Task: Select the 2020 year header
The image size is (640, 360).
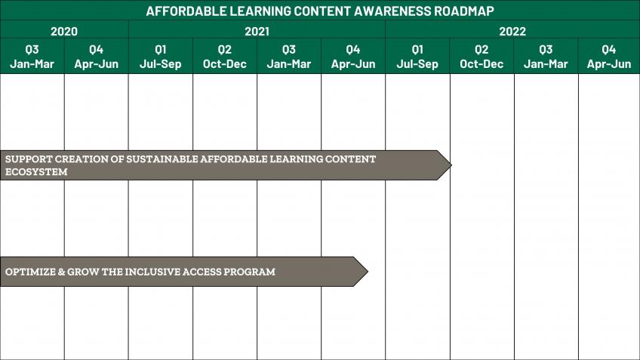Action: tap(64, 32)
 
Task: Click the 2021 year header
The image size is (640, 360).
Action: tap(257, 32)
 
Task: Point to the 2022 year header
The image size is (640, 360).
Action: tap(512, 32)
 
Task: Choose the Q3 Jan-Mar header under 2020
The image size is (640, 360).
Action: tap(32, 57)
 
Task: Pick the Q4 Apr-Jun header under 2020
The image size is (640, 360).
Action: tap(97, 57)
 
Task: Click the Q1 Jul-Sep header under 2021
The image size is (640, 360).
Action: tap(161, 57)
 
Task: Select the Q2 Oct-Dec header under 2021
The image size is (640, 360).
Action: tap(224, 57)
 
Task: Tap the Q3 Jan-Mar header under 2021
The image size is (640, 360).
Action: tap(289, 57)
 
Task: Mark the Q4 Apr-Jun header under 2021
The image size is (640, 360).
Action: tap(353, 57)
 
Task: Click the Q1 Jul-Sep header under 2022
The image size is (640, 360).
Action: tap(417, 57)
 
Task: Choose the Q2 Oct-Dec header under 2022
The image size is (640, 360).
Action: tap(482, 57)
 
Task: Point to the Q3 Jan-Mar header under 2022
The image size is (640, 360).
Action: tap(546, 57)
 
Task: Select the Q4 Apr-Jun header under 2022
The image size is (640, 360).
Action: tap(609, 57)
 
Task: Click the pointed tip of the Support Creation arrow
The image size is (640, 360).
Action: tap(451, 165)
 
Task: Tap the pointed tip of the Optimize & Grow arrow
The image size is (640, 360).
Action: tap(368, 272)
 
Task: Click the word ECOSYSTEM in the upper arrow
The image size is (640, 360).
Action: tap(36, 172)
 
